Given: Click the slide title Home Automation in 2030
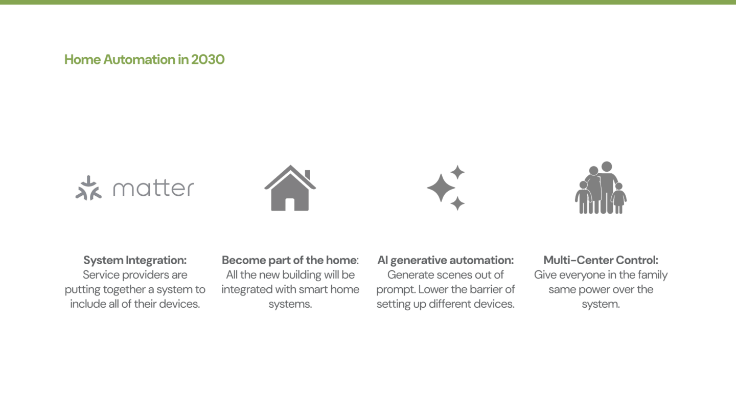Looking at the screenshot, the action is point(144,59).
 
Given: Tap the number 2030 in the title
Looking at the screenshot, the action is point(208,59).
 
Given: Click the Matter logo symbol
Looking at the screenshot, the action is point(88,188).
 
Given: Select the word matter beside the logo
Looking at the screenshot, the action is point(153,188).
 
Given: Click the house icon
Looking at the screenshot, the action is point(290,188).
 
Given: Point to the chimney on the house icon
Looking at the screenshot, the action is point(308,174).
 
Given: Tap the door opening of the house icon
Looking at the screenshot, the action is point(290,204).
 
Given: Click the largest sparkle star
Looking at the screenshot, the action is point(441,188).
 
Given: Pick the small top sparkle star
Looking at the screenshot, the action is point(457,172).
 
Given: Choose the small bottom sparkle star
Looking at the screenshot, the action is point(457,203).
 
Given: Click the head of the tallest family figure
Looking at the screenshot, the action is point(607,166).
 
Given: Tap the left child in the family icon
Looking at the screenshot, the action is point(583,197).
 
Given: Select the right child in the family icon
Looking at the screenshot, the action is point(619,198).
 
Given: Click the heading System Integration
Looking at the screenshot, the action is point(135,260).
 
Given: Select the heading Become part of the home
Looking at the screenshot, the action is point(289,260).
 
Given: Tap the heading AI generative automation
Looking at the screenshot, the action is point(445,260).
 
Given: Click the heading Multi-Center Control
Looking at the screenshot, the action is point(601,260).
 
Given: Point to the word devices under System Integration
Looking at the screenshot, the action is point(179,304).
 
